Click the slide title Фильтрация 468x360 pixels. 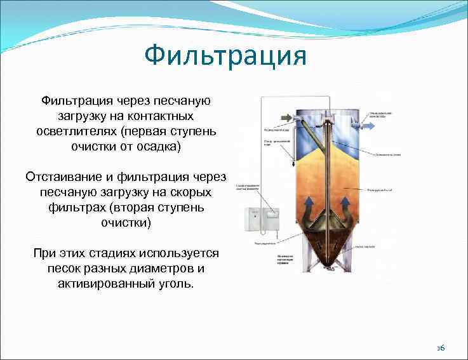(x=225, y=56)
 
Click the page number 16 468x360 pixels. (x=441, y=349)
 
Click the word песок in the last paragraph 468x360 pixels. (x=62, y=269)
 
